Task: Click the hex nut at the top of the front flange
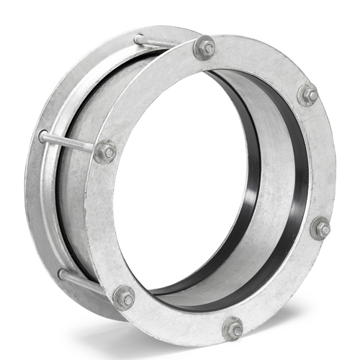[205, 48]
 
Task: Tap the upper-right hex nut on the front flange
[307, 94]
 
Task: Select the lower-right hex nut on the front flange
[320, 230]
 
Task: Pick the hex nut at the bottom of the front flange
[233, 328]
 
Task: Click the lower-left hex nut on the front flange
[124, 297]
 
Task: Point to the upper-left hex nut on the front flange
[105, 151]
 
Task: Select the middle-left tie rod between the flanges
[68, 142]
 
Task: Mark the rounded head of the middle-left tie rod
[44, 135]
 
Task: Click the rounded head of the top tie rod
[138, 38]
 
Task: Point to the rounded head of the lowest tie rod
[62, 274]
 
